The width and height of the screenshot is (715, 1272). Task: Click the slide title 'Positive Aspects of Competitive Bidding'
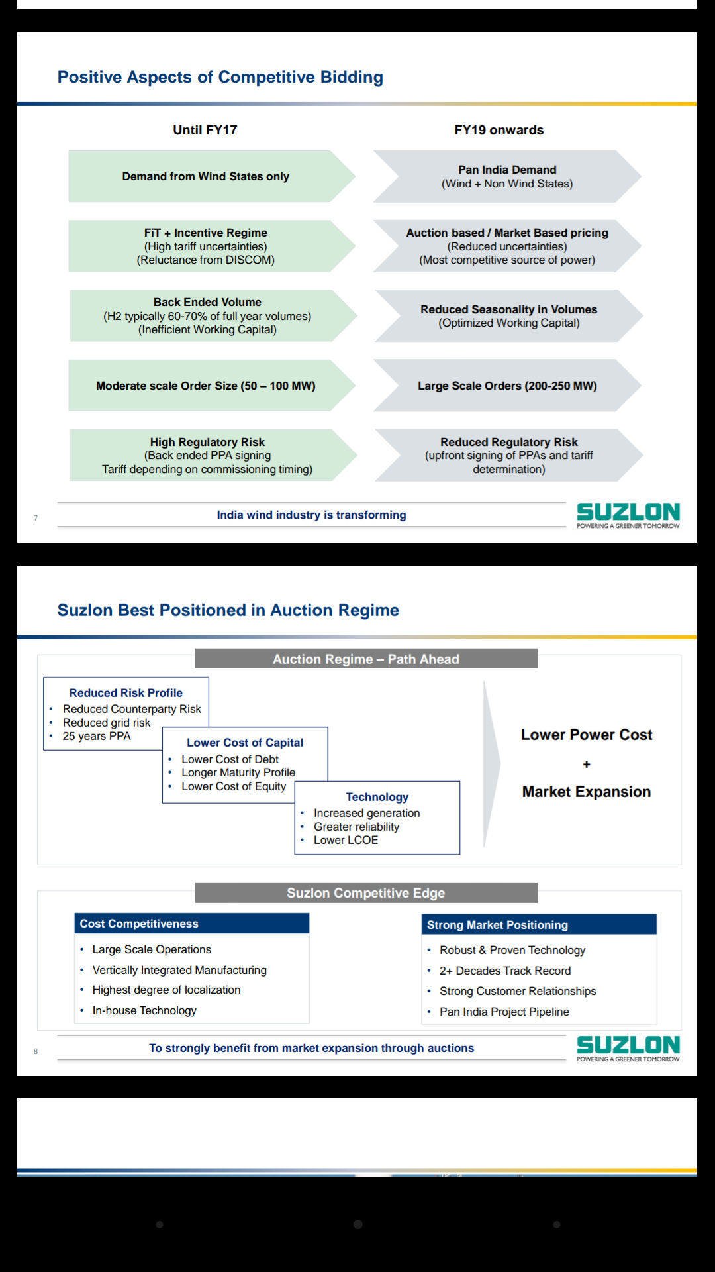220,78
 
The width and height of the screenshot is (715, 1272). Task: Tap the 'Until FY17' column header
205,130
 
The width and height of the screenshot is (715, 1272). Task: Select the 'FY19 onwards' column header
499,130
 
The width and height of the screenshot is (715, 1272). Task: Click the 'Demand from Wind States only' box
205,176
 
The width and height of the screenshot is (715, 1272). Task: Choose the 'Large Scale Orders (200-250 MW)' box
507,386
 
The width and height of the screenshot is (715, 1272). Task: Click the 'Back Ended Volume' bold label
207,302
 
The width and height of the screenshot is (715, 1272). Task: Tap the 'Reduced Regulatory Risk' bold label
508,442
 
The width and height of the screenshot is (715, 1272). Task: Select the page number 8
36,1051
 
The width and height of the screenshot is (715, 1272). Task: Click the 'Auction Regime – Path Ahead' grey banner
365,659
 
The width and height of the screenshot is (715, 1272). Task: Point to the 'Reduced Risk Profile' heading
126,693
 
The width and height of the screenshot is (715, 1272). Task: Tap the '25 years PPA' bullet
97,736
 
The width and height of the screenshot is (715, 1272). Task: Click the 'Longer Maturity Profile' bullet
238,772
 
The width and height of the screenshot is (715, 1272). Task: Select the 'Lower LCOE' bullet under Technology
346,840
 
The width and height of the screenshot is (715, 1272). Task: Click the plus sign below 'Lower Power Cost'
586,765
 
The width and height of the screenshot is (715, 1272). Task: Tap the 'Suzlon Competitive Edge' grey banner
365,893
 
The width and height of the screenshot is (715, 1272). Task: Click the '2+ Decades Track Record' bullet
504,971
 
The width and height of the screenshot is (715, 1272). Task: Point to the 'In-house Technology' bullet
144,1010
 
